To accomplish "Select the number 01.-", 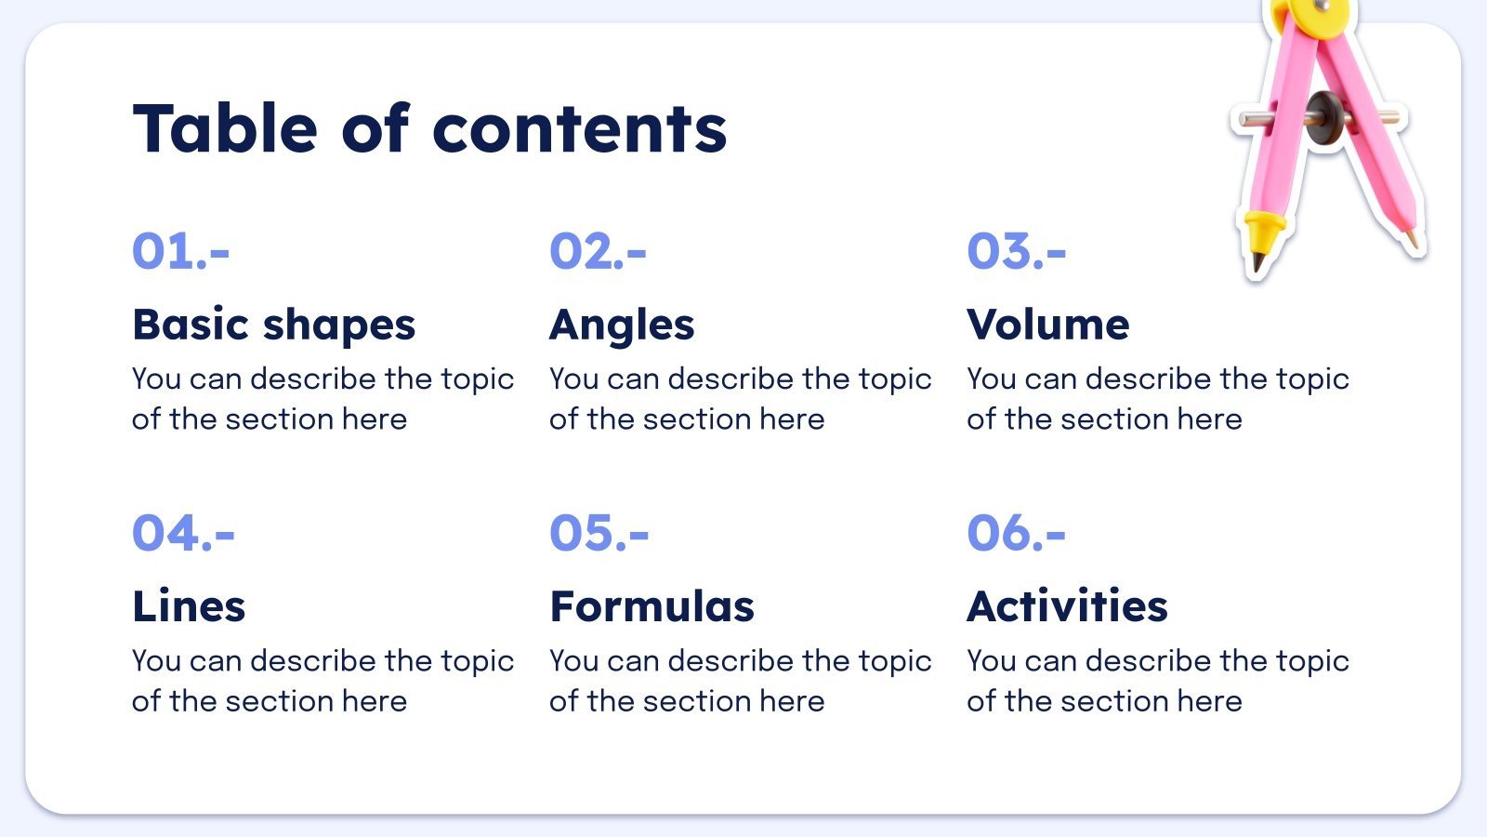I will coord(180,251).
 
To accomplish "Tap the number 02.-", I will coord(598,251).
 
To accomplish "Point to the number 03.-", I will coord(1016,251).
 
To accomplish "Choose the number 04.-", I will coord(183,533).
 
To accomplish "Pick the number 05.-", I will coord(599,533).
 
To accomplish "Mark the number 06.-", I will coord(1016,533).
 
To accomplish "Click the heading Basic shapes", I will coord(273,325).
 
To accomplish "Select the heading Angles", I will coord(622,325).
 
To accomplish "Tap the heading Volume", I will coord(1047,325).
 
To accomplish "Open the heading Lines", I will coord(189,606).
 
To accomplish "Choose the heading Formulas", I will coord(651,606).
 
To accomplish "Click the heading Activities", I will coord(1067,606).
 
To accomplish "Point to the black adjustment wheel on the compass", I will coord(1323,118).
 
